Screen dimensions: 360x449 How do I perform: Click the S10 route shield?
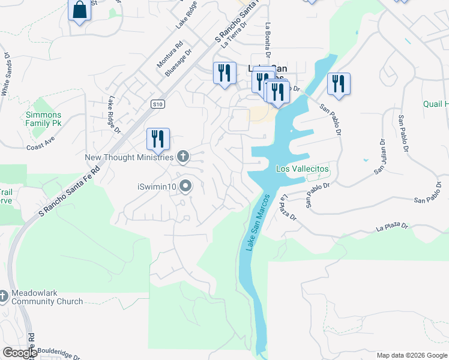click(157, 104)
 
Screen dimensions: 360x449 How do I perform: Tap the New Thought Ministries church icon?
click(183, 157)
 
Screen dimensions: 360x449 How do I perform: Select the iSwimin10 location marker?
click(185, 187)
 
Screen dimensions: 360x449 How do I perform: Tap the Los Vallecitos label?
click(302, 169)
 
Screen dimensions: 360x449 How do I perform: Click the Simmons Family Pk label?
click(43, 119)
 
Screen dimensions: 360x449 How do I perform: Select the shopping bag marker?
click(80, 11)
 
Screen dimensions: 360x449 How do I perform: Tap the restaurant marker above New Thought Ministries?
click(158, 139)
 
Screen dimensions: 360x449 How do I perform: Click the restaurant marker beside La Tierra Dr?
click(224, 74)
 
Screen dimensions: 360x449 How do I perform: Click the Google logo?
click(20, 353)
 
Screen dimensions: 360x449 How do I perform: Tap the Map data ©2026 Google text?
click(412, 355)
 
